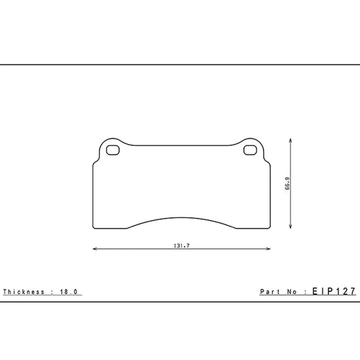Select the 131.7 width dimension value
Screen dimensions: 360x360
[181, 245]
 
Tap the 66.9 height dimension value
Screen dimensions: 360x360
[287, 183]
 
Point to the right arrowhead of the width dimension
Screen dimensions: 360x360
[268, 249]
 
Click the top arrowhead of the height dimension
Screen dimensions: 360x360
[291, 141]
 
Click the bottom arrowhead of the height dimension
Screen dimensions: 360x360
[291, 226]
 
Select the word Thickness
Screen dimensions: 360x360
[24, 292]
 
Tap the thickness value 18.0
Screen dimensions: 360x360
[69, 292]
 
